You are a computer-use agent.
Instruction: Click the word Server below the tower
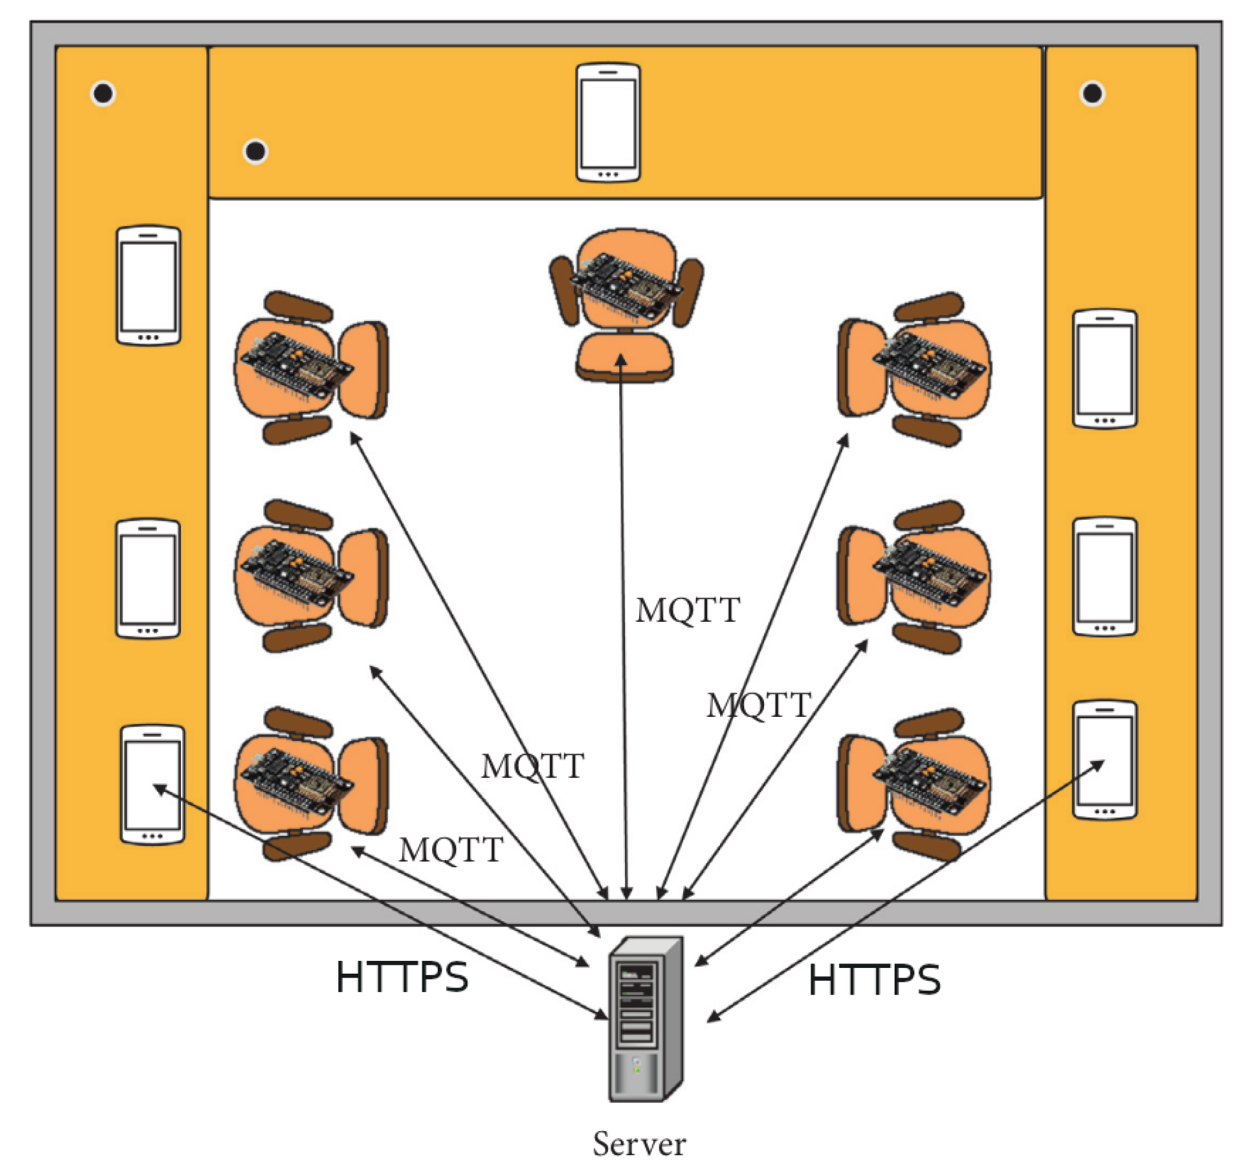click(x=639, y=1143)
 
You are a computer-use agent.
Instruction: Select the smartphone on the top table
click(x=608, y=122)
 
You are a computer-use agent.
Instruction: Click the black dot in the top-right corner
click(x=1092, y=94)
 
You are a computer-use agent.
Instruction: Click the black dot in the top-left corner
click(x=103, y=94)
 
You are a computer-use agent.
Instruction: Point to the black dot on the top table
click(x=256, y=152)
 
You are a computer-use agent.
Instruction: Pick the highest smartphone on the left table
click(x=148, y=285)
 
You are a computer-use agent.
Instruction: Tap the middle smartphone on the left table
click(x=147, y=579)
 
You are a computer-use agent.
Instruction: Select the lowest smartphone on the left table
click(x=152, y=784)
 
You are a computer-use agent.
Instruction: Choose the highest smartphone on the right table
click(x=1105, y=369)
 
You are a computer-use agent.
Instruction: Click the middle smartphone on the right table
click(x=1104, y=576)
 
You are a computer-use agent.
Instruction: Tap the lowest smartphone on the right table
click(x=1105, y=760)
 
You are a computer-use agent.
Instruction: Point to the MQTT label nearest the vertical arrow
click(x=688, y=610)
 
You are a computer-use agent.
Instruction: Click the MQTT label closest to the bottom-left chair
click(x=450, y=849)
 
